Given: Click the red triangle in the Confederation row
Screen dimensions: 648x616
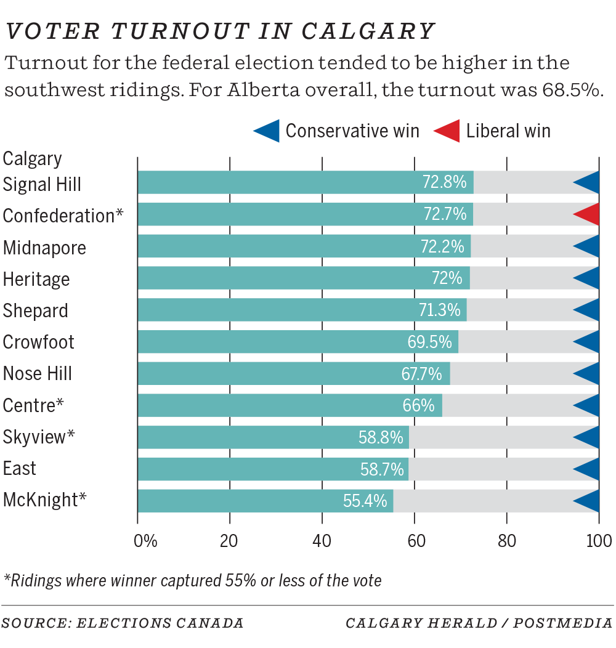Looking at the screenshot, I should (x=588, y=214).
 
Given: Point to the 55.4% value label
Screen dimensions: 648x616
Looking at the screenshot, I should (x=365, y=501).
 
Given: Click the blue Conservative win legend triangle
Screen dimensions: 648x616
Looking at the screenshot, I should (x=267, y=131).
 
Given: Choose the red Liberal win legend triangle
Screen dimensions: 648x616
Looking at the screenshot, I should (x=448, y=131).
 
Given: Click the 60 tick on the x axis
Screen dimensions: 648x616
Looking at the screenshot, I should (x=414, y=541).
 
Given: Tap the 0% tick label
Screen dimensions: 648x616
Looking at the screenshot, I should (x=145, y=541).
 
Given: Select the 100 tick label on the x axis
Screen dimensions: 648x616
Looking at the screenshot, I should (x=598, y=541).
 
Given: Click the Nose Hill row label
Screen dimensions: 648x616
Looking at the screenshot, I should (x=38, y=373).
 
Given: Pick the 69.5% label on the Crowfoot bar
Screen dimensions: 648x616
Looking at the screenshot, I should (x=429, y=341).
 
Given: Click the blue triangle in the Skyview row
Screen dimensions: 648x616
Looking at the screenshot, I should (x=588, y=437).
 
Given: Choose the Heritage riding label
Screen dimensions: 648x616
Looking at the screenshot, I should (x=36, y=278).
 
